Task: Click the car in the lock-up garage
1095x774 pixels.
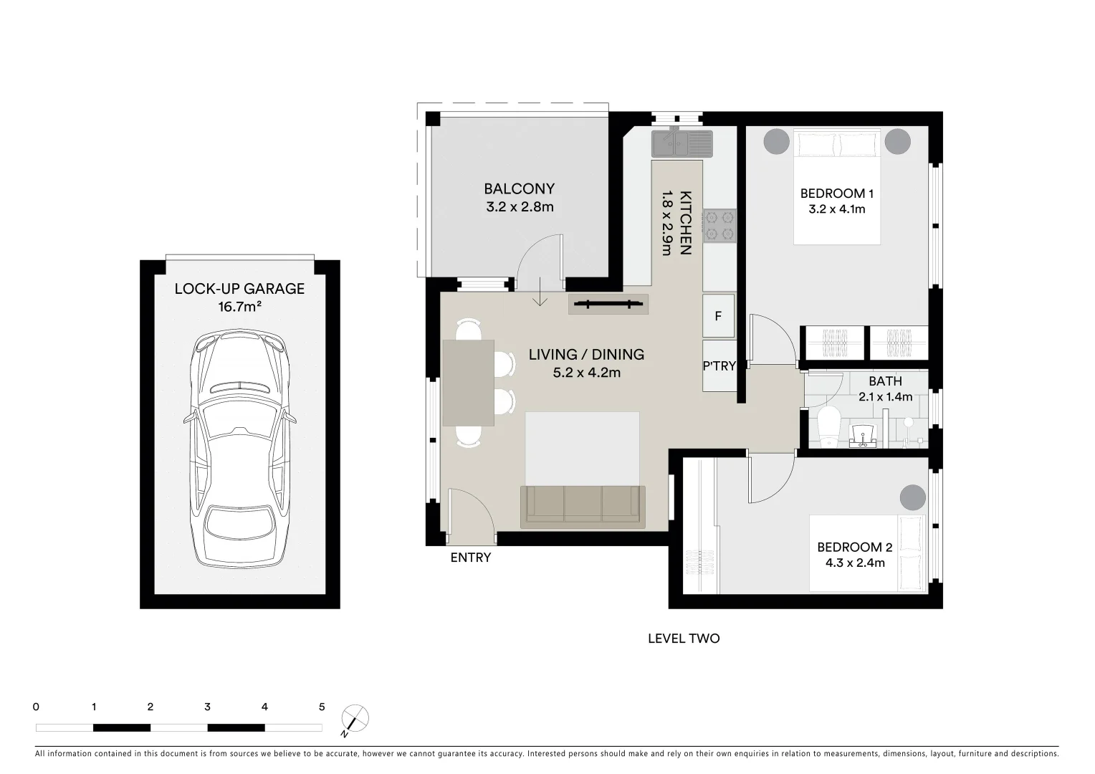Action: (x=240, y=449)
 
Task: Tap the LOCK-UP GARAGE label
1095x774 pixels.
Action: (x=239, y=289)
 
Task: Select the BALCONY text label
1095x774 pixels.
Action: (x=519, y=189)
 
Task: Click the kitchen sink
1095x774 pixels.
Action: (x=681, y=143)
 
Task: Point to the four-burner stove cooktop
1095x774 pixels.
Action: (x=719, y=226)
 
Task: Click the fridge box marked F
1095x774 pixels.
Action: (x=718, y=316)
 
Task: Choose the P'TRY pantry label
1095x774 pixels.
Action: (x=719, y=366)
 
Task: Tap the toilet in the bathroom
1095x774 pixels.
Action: (x=828, y=427)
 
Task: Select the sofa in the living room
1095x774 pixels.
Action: (x=583, y=506)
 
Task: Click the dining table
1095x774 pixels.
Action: (x=469, y=383)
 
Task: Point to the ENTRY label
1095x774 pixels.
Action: (x=471, y=558)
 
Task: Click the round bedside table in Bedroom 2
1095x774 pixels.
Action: (x=912, y=497)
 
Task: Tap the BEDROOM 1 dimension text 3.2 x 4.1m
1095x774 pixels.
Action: (x=836, y=209)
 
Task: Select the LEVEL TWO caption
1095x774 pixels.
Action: (x=684, y=639)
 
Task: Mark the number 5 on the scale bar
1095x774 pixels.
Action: (x=322, y=707)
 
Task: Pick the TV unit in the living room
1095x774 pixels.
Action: (x=608, y=305)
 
